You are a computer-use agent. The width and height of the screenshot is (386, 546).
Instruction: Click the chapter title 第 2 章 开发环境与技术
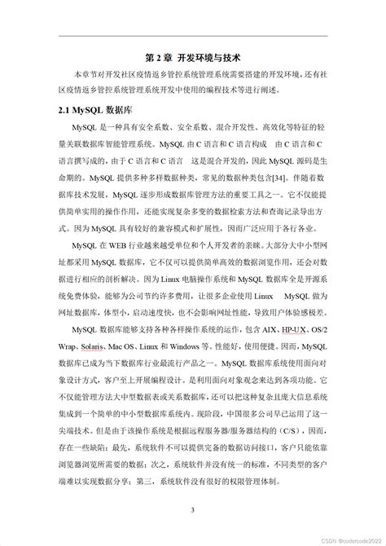pos(192,58)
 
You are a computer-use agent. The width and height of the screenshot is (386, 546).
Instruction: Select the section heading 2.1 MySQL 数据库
pos(93,108)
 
